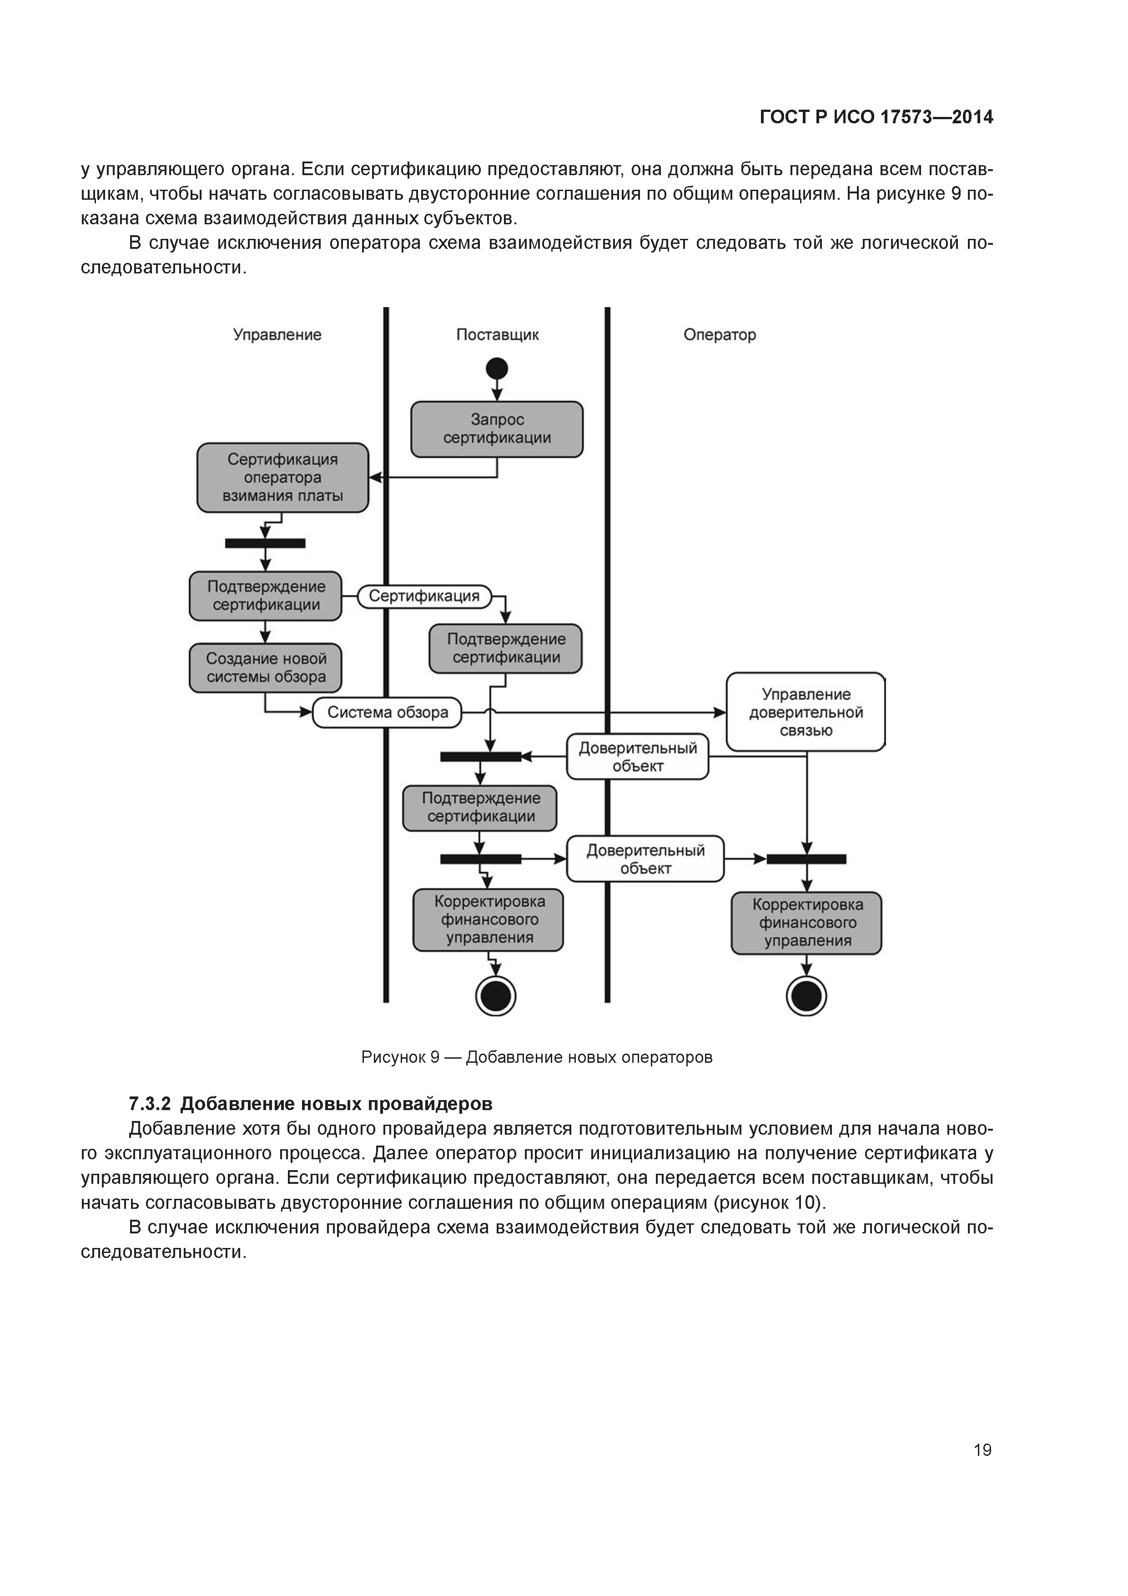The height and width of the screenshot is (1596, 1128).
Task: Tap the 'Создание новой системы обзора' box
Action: point(266,667)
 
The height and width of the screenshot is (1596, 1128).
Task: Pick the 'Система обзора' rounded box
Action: point(387,712)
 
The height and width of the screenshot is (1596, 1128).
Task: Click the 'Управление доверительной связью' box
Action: point(806,712)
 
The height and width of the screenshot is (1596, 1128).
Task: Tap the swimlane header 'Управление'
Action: point(277,334)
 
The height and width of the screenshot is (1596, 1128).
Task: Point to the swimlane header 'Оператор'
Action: point(720,334)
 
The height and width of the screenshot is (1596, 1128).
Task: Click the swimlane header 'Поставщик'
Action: point(497,334)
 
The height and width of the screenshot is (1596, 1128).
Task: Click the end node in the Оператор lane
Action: point(806,996)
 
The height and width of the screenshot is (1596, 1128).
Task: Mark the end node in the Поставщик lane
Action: point(495,996)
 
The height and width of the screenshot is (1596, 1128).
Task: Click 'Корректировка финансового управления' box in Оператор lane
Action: point(806,922)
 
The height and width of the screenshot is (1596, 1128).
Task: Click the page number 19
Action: point(982,1450)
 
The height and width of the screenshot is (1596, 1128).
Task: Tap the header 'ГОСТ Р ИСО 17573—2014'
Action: point(876,117)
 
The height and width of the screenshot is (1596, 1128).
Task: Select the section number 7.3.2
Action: point(150,1104)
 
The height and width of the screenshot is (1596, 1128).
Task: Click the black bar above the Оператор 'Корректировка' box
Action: point(806,859)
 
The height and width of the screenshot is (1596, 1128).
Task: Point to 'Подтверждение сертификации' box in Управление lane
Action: point(266,596)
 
